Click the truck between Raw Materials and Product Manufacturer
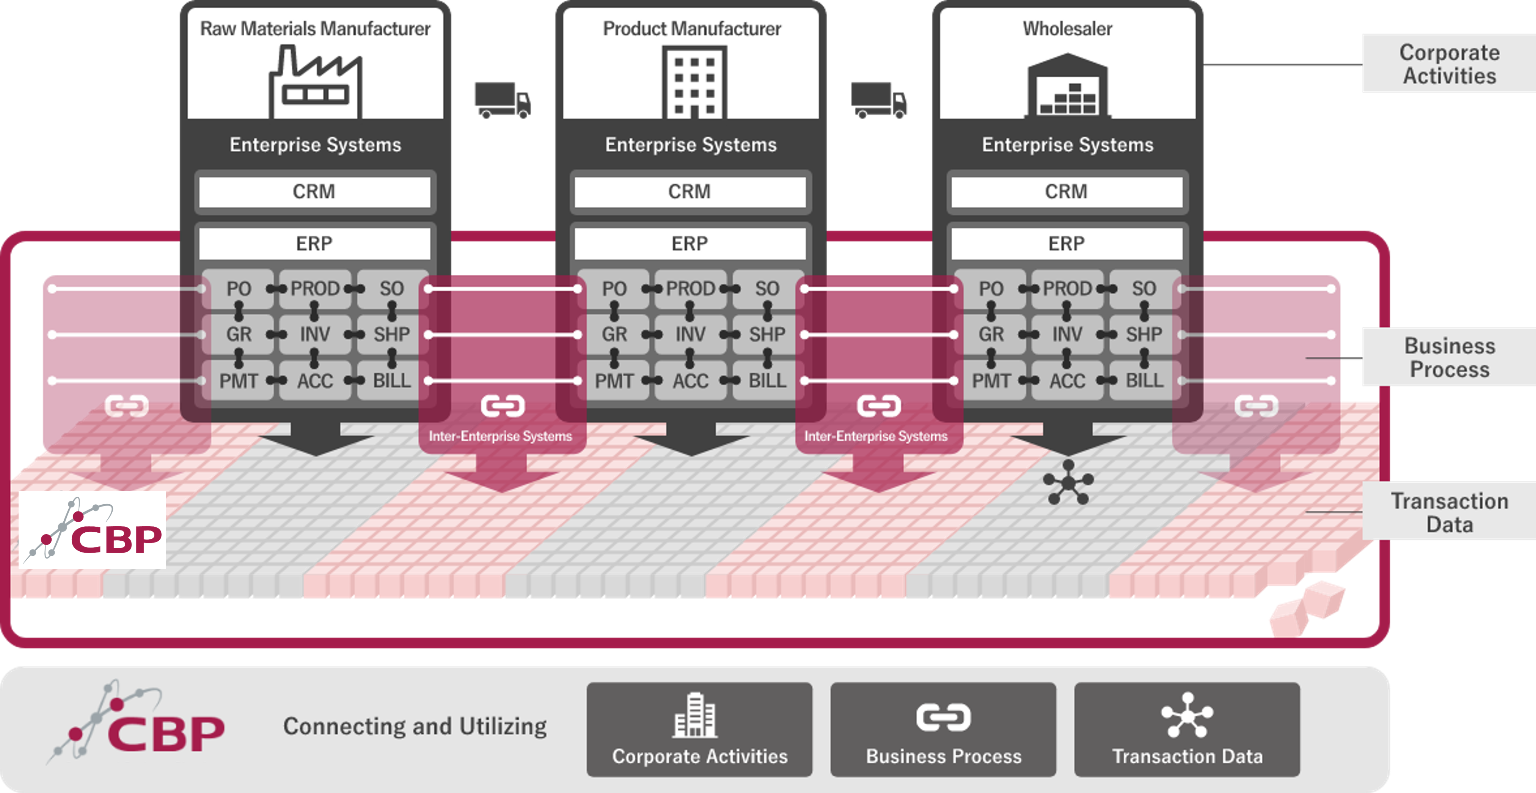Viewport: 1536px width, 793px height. pyautogui.click(x=502, y=100)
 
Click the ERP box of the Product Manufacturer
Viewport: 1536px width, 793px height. pyautogui.click(x=690, y=244)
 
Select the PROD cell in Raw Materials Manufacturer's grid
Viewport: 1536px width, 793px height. pyautogui.click(x=315, y=289)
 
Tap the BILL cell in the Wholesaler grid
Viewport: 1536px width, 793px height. pyautogui.click(x=1143, y=381)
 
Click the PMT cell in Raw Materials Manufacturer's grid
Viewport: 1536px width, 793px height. pyautogui.click(x=239, y=381)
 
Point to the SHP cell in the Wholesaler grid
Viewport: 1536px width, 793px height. pyautogui.click(x=1143, y=334)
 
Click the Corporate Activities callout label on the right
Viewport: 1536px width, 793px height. pyautogui.click(x=1449, y=64)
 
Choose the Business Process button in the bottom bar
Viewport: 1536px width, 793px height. pyautogui.click(x=943, y=730)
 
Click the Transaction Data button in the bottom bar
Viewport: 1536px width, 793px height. pyautogui.click(x=1187, y=730)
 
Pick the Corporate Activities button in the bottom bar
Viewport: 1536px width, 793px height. pyautogui.click(x=699, y=730)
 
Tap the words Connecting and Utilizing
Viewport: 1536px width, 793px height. pyautogui.click(x=415, y=726)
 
